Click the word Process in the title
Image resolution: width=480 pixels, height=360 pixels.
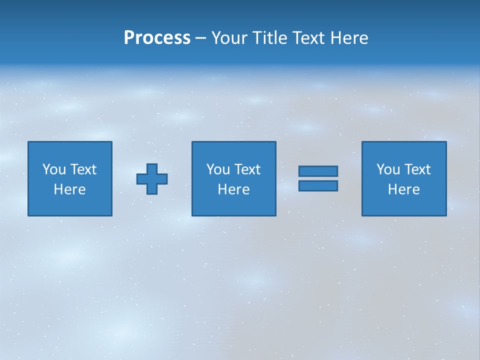[x=157, y=38]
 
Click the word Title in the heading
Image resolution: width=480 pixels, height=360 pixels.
[x=268, y=38]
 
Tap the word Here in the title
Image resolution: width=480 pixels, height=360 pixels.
[x=348, y=38]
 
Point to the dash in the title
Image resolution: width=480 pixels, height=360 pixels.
[x=200, y=38]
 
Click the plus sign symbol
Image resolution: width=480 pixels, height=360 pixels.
[x=152, y=179]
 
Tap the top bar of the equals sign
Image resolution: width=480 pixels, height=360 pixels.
[x=318, y=171]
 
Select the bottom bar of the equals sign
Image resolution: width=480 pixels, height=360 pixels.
[x=318, y=186]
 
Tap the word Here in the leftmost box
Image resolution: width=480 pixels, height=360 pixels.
[x=70, y=189]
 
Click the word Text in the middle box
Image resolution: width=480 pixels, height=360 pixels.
[x=247, y=169]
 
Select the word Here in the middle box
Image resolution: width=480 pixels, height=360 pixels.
[x=233, y=189]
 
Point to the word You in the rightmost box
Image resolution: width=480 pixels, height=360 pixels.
[x=388, y=169]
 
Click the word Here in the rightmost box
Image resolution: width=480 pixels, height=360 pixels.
[x=404, y=189]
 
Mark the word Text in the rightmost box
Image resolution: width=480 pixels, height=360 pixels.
[x=417, y=169]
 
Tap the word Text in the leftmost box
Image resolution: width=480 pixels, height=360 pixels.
[x=83, y=169]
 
